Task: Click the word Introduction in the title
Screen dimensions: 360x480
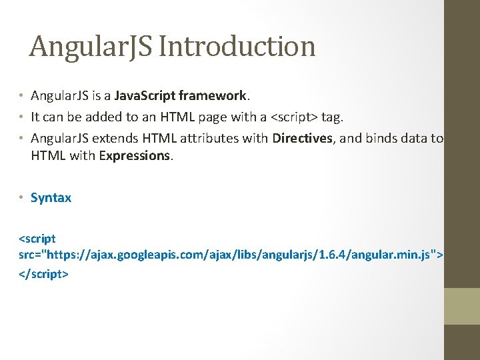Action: [x=237, y=47]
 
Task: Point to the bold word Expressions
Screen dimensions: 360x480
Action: [x=133, y=155]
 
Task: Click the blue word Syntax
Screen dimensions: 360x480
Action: [x=51, y=197]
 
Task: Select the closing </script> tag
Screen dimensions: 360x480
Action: [x=43, y=273]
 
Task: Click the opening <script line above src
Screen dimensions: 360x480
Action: [x=37, y=238]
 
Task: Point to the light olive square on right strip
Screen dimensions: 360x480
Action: [x=462, y=306]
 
